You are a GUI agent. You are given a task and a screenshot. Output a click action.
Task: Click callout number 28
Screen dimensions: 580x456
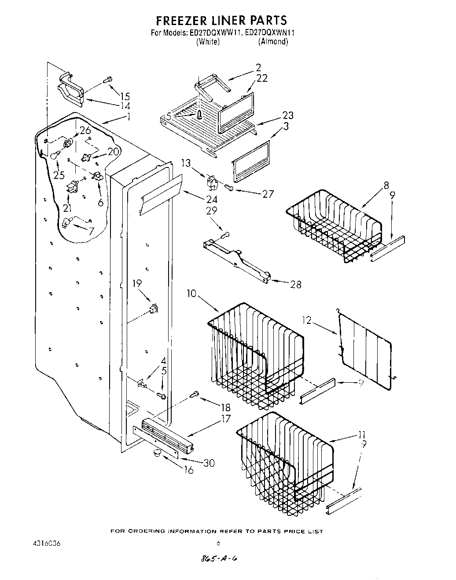pos(296,285)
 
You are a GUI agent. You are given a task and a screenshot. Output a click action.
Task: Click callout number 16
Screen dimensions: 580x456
pos(188,471)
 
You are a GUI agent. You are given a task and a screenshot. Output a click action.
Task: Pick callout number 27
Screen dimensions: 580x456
pos(268,194)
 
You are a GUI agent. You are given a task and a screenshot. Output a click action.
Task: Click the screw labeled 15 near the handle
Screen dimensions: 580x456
pos(107,80)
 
